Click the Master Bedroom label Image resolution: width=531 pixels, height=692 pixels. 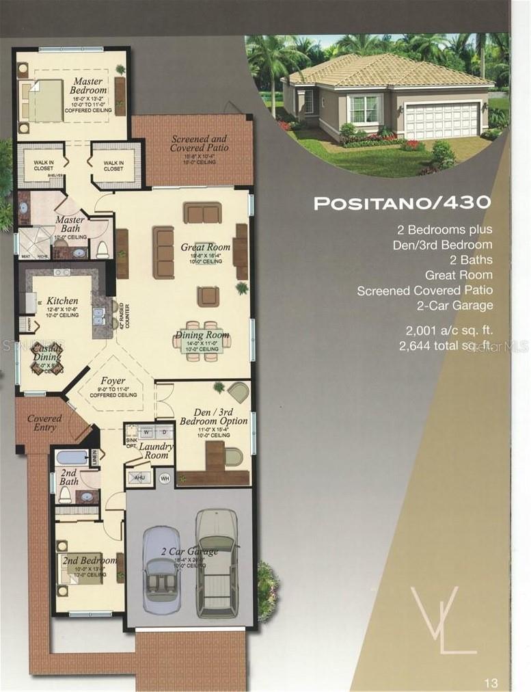[89, 86]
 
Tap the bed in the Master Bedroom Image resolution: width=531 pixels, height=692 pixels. [43, 101]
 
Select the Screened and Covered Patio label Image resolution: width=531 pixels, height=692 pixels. [199, 144]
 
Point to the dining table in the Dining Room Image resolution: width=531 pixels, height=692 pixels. [202, 340]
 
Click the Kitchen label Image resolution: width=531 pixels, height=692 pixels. [62, 300]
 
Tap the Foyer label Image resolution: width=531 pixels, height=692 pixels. [113, 380]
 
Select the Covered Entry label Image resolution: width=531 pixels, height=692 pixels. [44, 423]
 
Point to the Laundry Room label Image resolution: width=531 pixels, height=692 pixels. [156, 451]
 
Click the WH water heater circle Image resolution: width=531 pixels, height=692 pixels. [164, 478]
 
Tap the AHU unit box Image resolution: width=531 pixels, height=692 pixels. [139, 478]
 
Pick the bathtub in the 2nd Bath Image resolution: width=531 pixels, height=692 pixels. [73, 457]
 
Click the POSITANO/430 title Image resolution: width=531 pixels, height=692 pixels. [402, 202]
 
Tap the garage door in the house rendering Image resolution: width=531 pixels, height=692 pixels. [442, 120]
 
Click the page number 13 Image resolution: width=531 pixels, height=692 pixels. [491, 682]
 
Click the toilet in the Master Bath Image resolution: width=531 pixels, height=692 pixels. [103, 248]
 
